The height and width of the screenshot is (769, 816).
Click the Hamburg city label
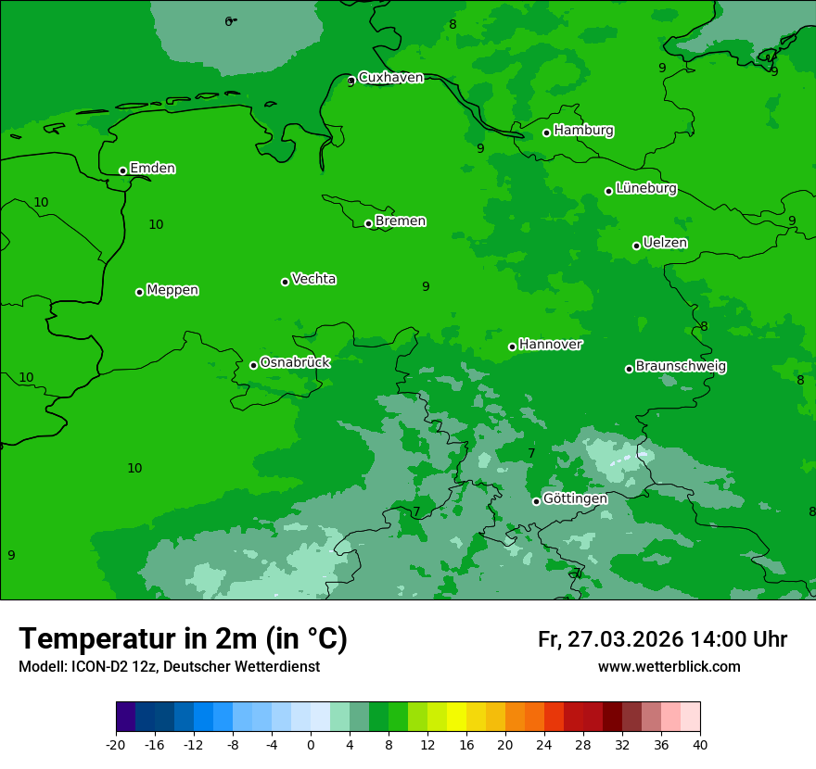tap(583, 131)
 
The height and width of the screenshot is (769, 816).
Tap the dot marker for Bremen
tap(368, 223)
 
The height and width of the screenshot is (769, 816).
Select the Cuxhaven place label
tap(390, 78)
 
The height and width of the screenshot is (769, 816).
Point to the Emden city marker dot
tap(122, 170)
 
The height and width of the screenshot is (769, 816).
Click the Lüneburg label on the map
tap(645, 189)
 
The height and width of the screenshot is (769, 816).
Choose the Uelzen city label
tap(665, 244)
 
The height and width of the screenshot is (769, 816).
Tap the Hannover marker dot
tap(512, 347)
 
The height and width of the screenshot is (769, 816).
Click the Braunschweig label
tap(681, 367)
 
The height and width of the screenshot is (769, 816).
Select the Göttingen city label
tap(575, 499)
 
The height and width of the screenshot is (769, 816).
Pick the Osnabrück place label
tap(295, 363)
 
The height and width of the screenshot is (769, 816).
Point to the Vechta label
tap(313, 279)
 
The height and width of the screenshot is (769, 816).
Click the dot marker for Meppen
tap(139, 292)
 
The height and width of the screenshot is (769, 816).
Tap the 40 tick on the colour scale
tap(700, 744)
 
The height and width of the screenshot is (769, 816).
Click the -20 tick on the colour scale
tap(116, 744)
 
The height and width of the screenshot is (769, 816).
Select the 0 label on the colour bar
tap(311, 744)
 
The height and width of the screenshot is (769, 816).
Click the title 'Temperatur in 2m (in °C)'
tap(183, 638)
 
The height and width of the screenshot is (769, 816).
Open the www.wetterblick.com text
tap(669, 667)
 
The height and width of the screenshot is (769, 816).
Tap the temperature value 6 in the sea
tap(228, 21)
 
